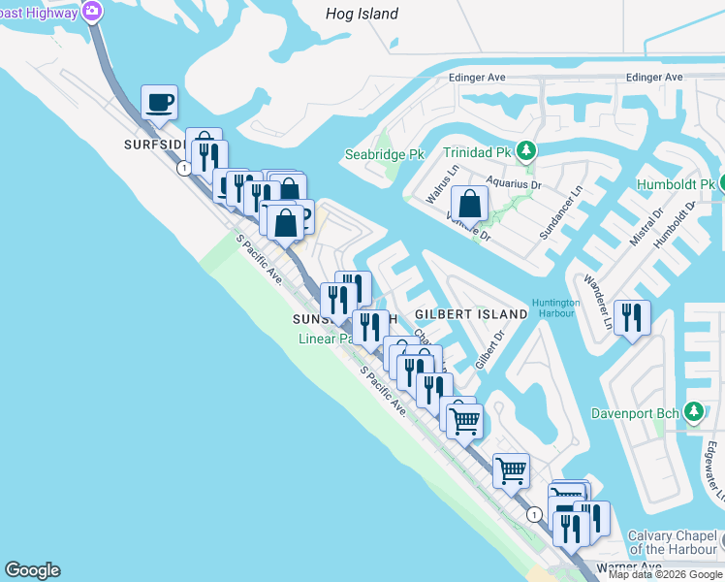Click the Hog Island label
(x=363, y=14)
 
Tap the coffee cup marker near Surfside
(x=160, y=101)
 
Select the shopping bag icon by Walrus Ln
(x=469, y=204)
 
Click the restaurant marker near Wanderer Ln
(x=632, y=317)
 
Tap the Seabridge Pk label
(x=385, y=154)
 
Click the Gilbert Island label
(x=471, y=314)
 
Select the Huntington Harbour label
(x=555, y=307)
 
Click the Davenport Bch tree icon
(x=693, y=412)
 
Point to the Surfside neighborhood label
(x=153, y=144)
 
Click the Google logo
(x=32, y=570)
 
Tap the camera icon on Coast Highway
(x=93, y=12)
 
